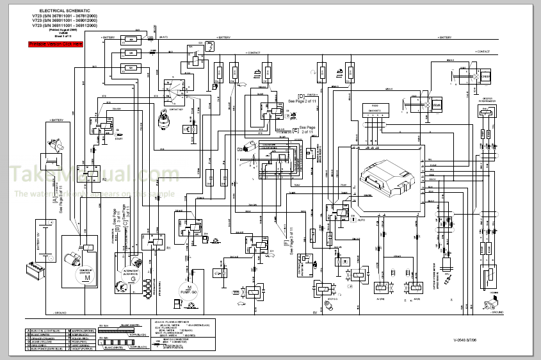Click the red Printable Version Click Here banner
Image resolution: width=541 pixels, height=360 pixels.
[55, 44]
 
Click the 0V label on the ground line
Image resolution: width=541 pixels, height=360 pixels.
[314, 312]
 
